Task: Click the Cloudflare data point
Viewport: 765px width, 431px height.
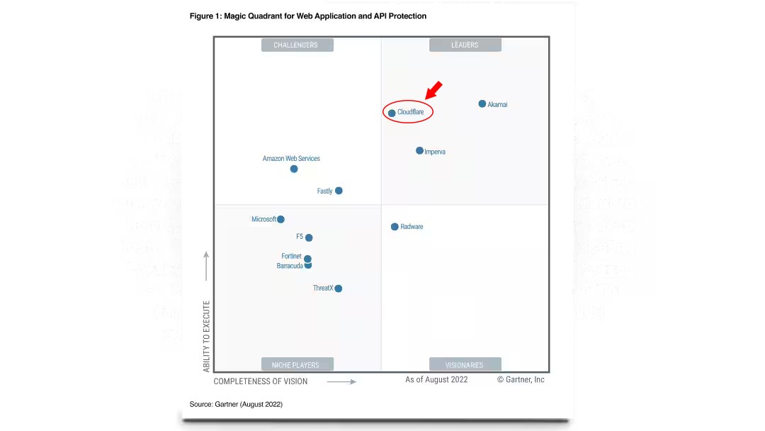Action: click(392, 113)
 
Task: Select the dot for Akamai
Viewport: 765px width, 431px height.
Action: click(482, 104)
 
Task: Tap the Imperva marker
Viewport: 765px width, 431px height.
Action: click(419, 151)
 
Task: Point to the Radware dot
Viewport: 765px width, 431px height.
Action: click(395, 227)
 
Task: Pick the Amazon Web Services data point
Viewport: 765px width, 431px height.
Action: click(294, 169)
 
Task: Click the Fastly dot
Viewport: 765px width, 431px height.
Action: click(339, 191)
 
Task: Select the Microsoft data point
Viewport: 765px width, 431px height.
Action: click(280, 220)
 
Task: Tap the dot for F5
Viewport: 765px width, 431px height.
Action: click(309, 237)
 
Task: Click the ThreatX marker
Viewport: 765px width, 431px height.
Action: click(339, 289)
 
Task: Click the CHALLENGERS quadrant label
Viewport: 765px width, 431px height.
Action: click(297, 45)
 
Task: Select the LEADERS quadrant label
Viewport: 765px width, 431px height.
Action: click(465, 45)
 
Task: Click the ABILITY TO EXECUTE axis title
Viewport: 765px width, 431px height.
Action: click(207, 336)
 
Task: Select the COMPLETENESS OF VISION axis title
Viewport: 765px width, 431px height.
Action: click(261, 381)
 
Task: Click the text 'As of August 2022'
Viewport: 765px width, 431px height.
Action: click(436, 380)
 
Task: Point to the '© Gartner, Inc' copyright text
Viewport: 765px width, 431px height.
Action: click(521, 380)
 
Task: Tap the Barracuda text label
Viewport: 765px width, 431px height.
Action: click(290, 267)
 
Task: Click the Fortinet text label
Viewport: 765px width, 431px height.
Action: click(291, 257)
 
